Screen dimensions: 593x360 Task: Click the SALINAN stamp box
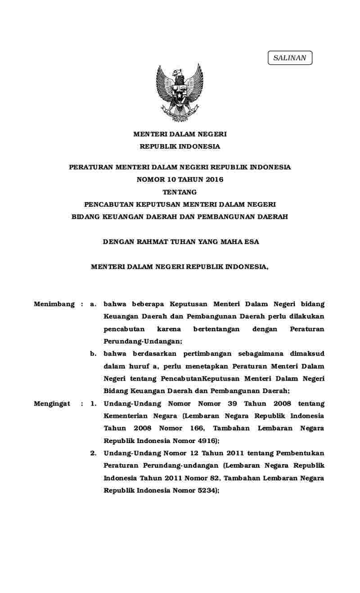click(x=290, y=58)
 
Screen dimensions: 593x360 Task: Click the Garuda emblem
click(x=180, y=93)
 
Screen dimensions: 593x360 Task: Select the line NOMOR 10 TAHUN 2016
click(x=180, y=180)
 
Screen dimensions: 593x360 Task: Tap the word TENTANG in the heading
click(x=180, y=192)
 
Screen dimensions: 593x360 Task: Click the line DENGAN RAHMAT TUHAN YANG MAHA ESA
click(x=181, y=242)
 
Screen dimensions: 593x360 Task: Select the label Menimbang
click(x=54, y=304)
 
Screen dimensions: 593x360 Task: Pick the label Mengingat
click(x=52, y=404)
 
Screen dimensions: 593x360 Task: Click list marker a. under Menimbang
click(x=93, y=305)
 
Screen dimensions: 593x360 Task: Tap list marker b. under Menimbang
click(x=93, y=354)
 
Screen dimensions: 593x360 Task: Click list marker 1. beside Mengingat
click(x=93, y=404)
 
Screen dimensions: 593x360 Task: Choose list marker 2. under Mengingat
click(x=93, y=453)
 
